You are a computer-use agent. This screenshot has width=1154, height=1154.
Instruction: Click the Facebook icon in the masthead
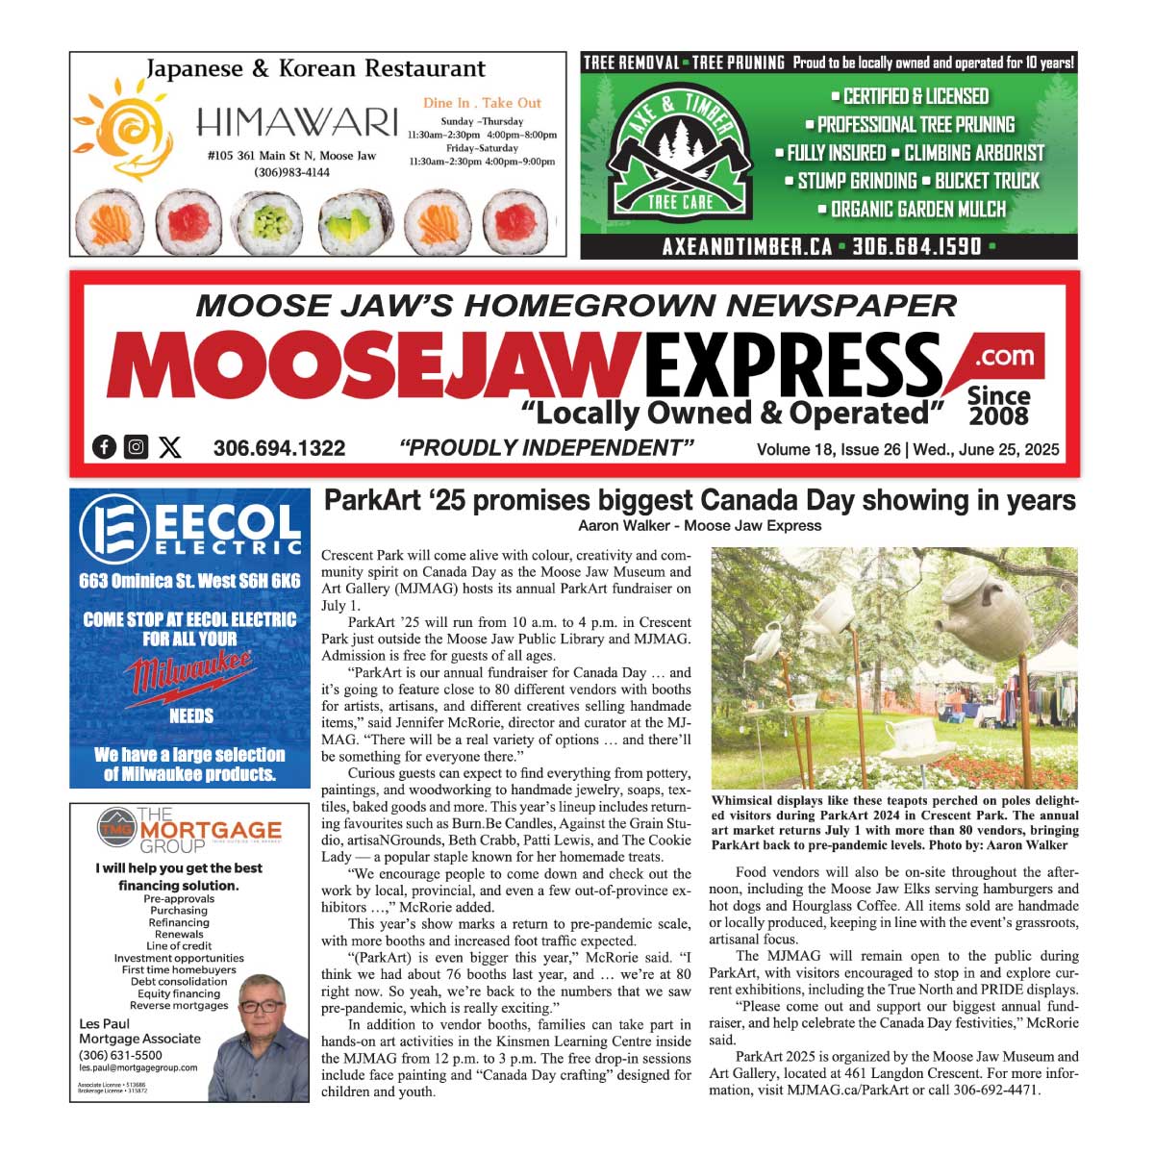coord(104,447)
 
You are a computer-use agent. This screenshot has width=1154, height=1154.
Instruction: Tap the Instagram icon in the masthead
coord(137,447)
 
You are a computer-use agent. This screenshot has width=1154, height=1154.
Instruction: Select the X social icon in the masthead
coord(170,447)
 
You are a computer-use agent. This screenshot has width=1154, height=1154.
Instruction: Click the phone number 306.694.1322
coord(279,448)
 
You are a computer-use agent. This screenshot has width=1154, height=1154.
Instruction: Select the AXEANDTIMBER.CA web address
coord(747,246)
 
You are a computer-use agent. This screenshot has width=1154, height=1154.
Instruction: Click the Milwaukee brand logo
coord(190,673)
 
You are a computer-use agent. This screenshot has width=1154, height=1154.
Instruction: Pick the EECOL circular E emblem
coord(114,529)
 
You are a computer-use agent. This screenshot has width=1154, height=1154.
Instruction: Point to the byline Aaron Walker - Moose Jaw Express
coord(699,526)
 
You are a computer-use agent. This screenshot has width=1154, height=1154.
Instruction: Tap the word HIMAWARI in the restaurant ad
coord(296,123)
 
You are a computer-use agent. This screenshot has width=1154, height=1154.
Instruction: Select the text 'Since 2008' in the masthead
coord(998,405)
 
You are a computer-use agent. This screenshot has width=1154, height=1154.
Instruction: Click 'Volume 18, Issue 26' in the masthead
coord(828,449)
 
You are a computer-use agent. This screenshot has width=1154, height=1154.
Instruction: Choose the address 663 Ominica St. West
coord(189,581)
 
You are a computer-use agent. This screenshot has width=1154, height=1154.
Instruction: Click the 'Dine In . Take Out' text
coord(482,103)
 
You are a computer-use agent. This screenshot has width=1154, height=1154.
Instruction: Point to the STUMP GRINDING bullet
coord(857,181)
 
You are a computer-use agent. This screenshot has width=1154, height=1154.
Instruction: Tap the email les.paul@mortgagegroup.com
coord(138,1067)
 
